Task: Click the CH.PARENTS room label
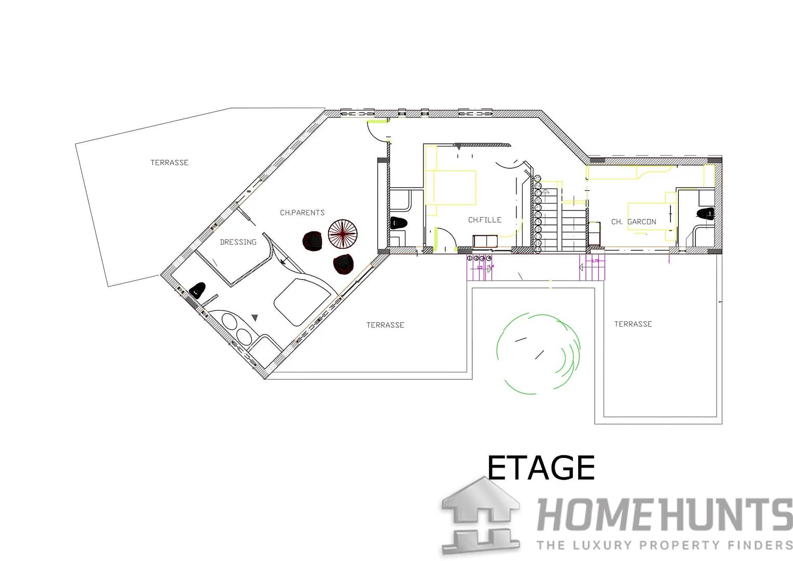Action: coord(302,212)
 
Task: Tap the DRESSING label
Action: coord(238,242)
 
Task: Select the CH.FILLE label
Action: coord(485,220)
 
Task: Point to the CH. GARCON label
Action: coord(634,222)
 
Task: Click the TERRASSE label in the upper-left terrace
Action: coord(169,163)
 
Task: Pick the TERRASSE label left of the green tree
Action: coord(385,325)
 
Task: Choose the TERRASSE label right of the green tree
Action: coord(633,324)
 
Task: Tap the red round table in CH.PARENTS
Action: coord(343,234)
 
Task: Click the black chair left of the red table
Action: coord(313,241)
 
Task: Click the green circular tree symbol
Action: coord(538,352)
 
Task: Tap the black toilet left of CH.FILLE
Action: coord(399,223)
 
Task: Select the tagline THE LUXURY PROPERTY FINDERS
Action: coord(664,545)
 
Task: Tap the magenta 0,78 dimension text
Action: coord(595,260)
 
